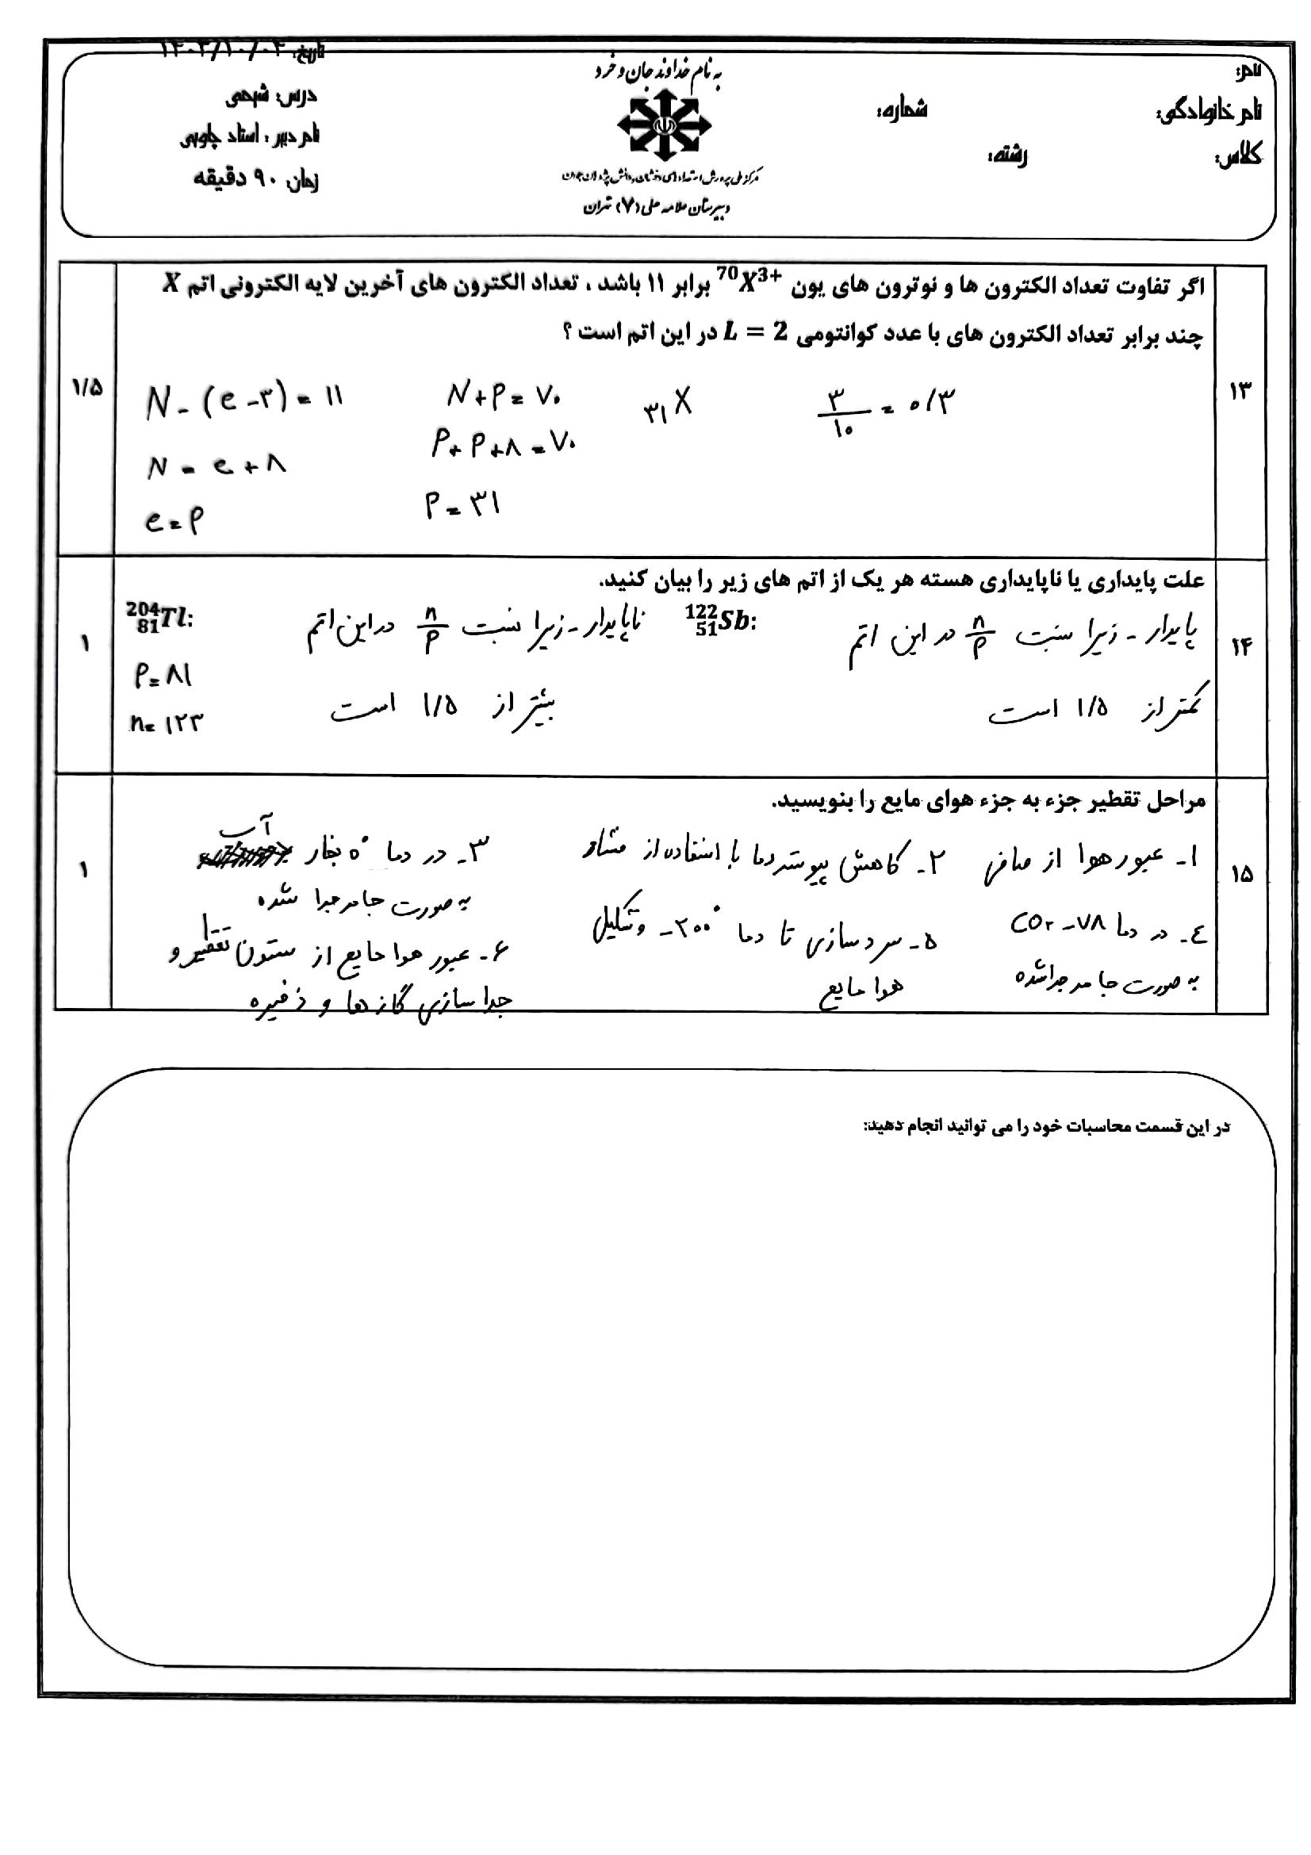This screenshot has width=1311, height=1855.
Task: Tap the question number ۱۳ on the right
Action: click(x=1240, y=391)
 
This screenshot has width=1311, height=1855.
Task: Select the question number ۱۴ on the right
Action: click(x=1240, y=646)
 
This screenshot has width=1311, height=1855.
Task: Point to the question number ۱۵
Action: click(x=1241, y=874)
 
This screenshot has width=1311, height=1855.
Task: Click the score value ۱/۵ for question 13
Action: click(x=86, y=388)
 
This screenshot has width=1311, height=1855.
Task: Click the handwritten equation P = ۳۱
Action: click(x=463, y=506)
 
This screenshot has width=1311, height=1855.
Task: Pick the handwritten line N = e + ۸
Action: click(x=216, y=466)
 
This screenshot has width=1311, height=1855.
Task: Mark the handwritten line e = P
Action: click(x=173, y=521)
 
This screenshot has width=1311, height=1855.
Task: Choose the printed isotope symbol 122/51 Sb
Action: click(x=719, y=620)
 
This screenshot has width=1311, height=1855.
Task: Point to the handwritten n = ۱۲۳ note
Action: click(x=167, y=722)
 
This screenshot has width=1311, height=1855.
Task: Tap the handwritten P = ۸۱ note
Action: click(x=163, y=676)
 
